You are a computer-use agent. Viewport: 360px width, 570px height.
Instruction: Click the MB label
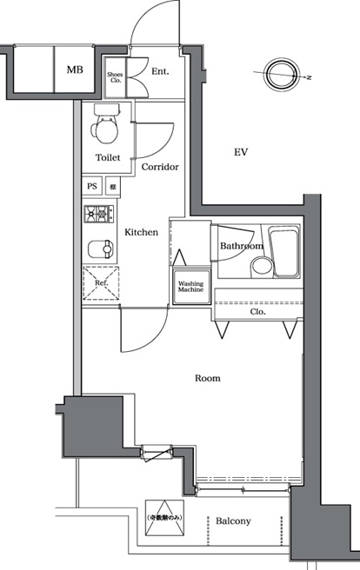[75, 70]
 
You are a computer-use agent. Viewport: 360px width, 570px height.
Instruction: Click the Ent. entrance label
[159, 72]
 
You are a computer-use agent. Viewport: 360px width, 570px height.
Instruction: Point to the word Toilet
[109, 158]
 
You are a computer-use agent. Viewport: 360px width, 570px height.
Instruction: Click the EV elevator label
[242, 152]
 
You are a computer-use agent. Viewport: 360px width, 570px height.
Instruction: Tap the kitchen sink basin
[100, 249]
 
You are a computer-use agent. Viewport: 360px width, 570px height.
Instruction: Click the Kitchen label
[140, 232]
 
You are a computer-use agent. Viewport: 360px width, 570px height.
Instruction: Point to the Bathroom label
[241, 246]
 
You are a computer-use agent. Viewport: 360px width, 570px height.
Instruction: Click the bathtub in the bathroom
[283, 252]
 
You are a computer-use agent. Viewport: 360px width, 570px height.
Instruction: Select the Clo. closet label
[257, 311]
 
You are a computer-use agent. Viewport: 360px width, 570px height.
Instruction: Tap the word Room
[207, 378]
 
